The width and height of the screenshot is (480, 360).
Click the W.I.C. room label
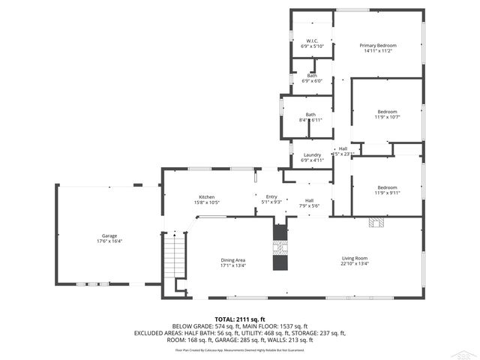312,40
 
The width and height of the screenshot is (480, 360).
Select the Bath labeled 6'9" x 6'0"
311,76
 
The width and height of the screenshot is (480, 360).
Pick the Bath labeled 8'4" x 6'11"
310,115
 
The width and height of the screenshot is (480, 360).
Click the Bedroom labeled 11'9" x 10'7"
387,112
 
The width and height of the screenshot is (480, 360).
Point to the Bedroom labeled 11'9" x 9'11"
387,187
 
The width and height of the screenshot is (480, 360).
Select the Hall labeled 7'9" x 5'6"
309,200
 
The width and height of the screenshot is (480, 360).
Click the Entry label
271,196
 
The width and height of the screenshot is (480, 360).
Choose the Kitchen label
206,196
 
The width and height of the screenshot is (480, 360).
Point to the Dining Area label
233,259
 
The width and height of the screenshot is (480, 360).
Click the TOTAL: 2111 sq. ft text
239,319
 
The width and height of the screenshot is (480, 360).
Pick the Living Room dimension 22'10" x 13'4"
355,264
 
